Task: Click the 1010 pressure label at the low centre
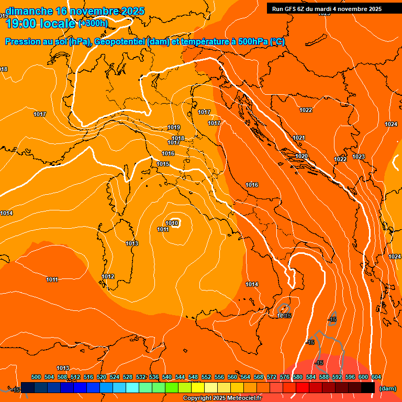pyautogui.click(x=173, y=224)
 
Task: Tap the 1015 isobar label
pyautogui.click(x=163, y=164)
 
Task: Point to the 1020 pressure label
pyautogui.click(x=301, y=157)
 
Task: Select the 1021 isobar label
pyautogui.click(x=299, y=138)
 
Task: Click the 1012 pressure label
pyautogui.click(x=108, y=277)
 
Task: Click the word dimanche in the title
pyautogui.click(x=29, y=11)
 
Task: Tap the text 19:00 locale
pyautogui.click(x=40, y=24)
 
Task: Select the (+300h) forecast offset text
pyautogui.click(x=93, y=24)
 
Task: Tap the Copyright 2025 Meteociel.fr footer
pyautogui.click(x=222, y=398)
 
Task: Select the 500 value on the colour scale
pyautogui.click(x=36, y=377)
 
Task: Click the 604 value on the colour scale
pyautogui.click(x=376, y=377)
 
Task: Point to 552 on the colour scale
pyautogui.click(x=206, y=377)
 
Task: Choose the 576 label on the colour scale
pyautogui.click(x=285, y=377)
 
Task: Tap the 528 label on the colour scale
pyautogui.click(x=128, y=377)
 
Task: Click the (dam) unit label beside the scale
pyautogui.click(x=388, y=388)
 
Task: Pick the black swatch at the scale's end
pyautogui.click(x=368, y=387)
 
